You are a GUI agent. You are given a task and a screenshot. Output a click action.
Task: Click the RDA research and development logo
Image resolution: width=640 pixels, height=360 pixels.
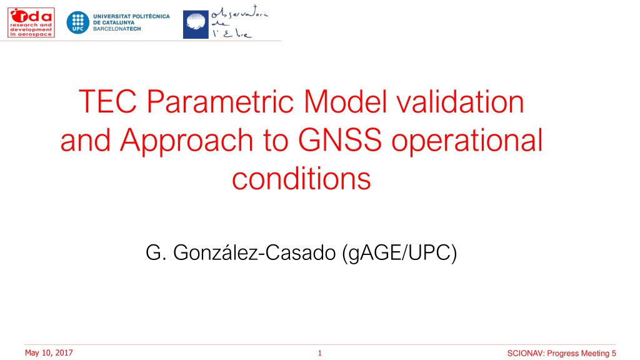point(31,22)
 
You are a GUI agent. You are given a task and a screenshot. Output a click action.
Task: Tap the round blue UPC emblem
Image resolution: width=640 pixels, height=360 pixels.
point(78,22)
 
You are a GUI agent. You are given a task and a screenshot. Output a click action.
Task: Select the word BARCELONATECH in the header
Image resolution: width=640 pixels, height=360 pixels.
point(117,29)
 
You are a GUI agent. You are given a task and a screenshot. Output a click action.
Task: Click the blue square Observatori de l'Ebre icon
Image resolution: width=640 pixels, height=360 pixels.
point(196,24)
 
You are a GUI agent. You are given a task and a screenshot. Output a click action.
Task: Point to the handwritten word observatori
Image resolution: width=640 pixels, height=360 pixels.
point(239,14)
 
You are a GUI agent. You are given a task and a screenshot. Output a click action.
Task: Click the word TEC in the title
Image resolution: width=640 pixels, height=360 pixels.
point(107,102)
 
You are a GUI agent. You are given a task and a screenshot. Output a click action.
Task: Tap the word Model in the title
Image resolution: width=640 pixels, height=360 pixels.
point(345,101)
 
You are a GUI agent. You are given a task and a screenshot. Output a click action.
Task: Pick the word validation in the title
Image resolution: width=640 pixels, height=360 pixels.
point(461,101)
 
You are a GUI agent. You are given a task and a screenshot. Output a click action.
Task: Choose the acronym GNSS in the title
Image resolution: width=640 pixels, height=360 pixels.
point(340,140)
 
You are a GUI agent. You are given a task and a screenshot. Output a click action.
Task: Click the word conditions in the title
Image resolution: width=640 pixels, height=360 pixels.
point(302,179)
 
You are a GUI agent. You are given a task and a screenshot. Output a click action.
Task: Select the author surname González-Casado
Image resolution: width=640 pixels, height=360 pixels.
point(254,252)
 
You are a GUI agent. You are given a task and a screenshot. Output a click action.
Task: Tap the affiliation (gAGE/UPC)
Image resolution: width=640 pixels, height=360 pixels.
point(399,253)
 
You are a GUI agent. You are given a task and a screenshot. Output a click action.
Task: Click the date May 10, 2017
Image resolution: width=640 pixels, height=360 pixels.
point(49,352)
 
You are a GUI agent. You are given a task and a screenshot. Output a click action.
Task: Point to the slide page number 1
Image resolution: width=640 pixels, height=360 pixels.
point(320,353)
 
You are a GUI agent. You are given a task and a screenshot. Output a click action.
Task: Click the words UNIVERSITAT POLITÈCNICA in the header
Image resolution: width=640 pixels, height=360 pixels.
point(131,16)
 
